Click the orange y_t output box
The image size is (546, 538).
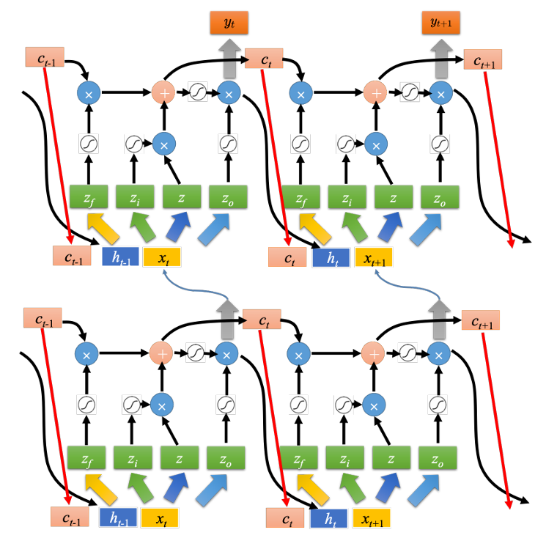229,23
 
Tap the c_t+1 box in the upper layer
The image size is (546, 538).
483,60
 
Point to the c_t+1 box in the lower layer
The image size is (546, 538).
482,321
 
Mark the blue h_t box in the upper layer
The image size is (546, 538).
331,257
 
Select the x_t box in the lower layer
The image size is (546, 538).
159,517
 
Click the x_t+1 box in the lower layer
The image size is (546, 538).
372,518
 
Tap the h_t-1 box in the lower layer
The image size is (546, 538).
119,517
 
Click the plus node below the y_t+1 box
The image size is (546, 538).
375,92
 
